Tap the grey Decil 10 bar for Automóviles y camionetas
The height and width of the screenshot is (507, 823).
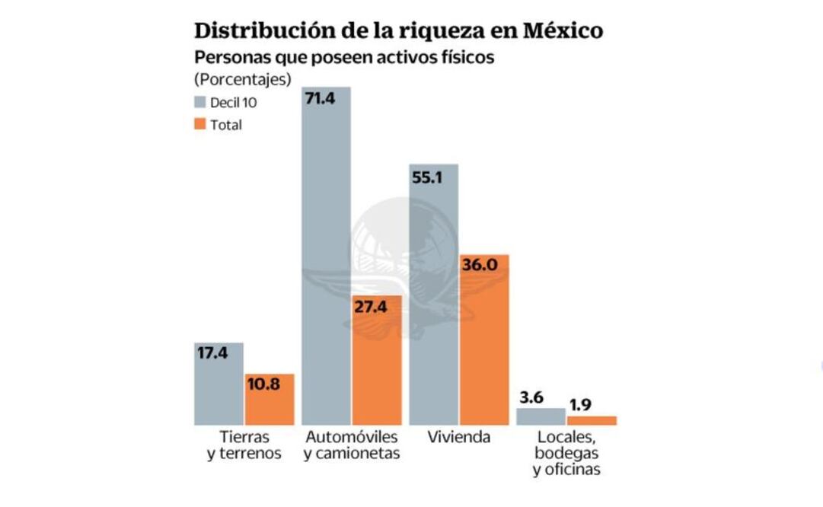click(327, 259)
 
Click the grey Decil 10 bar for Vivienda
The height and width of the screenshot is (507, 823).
click(434, 305)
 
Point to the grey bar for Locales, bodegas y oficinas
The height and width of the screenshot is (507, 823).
click(541, 416)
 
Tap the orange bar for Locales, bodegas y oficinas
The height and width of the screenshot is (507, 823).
click(592, 420)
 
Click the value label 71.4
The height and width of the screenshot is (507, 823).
click(321, 99)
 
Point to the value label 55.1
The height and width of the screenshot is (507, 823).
click(428, 177)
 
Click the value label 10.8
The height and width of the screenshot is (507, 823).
click(263, 384)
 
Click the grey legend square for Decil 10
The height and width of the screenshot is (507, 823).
click(200, 103)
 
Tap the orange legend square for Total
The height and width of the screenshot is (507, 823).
click(200, 124)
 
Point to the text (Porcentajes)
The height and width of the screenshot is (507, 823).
click(243, 78)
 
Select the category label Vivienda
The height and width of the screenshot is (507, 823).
click(458, 438)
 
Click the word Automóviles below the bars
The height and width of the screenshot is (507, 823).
click(352, 438)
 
